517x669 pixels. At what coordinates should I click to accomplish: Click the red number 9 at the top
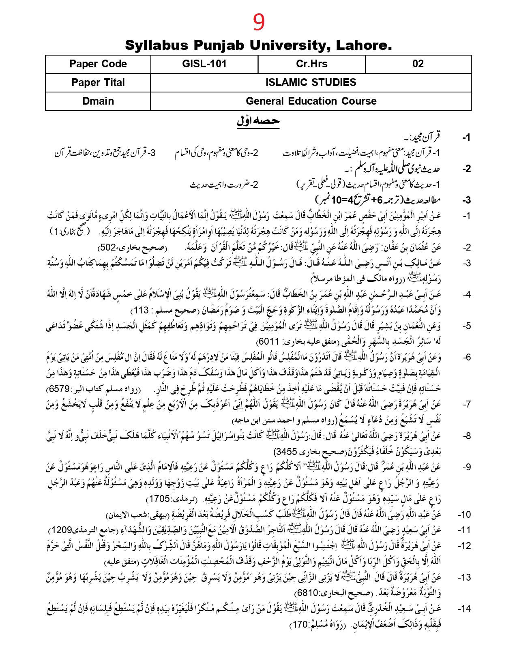[x=259, y=22]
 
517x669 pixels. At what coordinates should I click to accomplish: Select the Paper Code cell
[x=98, y=64]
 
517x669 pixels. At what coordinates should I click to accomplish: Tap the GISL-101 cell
[x=204, y=64]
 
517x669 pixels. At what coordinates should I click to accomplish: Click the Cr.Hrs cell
[x=311, y=64]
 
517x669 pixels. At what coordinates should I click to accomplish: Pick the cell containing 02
[x=418, y=64]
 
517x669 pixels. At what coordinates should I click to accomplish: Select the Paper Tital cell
[x=98, y=83]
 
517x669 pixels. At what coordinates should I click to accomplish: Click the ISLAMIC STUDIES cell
[x=311, y=83]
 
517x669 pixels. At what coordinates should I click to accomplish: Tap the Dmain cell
[x=98, y=101]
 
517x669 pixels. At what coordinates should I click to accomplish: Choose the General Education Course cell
[x=311, y=101]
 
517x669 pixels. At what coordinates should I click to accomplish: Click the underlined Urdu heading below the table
[x=258, y=121]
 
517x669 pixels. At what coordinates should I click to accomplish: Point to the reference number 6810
[x=307, y=593]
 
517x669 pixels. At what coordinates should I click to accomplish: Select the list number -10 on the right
[x=464, y=515]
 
